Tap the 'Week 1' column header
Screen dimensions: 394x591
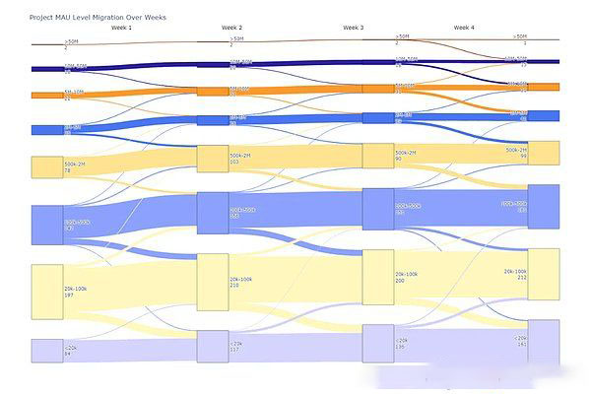tap(122, 28)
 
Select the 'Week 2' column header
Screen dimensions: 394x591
tap(232, 28)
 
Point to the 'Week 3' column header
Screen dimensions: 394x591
tap(353, 28)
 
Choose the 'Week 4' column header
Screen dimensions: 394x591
tap(463, 28)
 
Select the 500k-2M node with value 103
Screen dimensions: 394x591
tap(213, 158)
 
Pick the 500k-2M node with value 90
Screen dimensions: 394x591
tap(378, 156)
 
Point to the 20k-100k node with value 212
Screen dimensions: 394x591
tap(544, 274)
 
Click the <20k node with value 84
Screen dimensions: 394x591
tap(46, 351)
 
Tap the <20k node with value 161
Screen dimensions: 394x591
tap(544, 341)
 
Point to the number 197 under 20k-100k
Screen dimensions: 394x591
tap(70, 295)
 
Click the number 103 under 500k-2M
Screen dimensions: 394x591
tap(235, 161)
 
